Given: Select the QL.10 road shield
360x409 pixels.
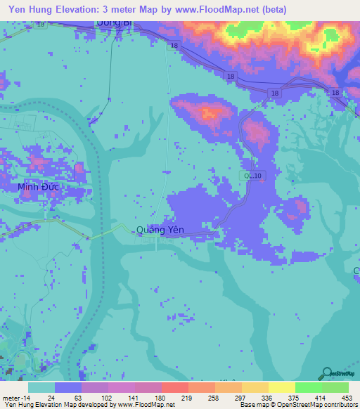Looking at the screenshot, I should pos(250,175).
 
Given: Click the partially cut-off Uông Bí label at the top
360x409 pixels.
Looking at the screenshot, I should pos(114,23).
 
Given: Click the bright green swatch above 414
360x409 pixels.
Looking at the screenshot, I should pos(308,387).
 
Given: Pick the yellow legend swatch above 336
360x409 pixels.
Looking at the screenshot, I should pos(255,387).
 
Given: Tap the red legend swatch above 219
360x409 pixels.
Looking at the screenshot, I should pos(174,387).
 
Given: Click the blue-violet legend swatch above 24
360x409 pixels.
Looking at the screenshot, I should pos(67,387).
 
